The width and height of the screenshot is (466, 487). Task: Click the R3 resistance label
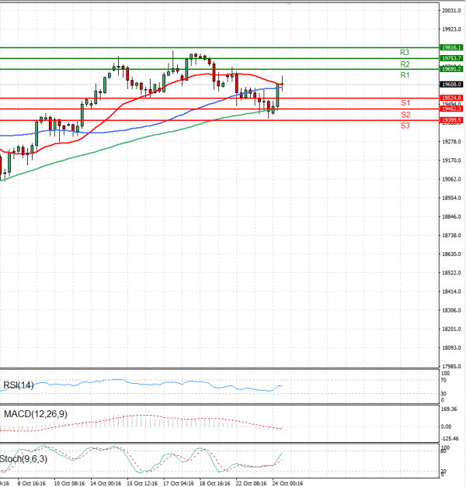coord(405,52)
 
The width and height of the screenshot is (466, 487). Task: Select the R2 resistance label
coord(405,64)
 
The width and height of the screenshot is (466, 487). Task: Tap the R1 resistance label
coord(405,75)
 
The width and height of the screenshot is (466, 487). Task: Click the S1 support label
coord(405,103)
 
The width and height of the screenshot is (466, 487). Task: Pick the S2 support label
coord(405,115)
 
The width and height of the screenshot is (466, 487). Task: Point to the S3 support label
coord(405,125)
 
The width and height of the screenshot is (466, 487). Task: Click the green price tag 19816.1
coord(451,47)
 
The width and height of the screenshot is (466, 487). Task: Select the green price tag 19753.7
coord(451,58)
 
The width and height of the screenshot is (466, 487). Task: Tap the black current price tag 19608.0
coord(451,84)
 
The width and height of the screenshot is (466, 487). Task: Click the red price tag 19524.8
coord(451,98)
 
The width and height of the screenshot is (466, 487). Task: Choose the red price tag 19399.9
coord(451,120)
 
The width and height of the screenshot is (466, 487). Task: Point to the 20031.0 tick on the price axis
coord(451,11)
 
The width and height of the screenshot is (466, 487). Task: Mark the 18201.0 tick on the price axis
coord(451,330)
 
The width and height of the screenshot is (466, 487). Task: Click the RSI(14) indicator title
coord(19,385)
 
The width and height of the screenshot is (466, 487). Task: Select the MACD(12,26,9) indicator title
coord(35,414)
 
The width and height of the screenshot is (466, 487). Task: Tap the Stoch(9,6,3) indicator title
coord(23,458)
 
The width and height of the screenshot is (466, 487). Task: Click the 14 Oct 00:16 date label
coord(106,482)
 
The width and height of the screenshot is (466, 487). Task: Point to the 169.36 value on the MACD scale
coord(450,409)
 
